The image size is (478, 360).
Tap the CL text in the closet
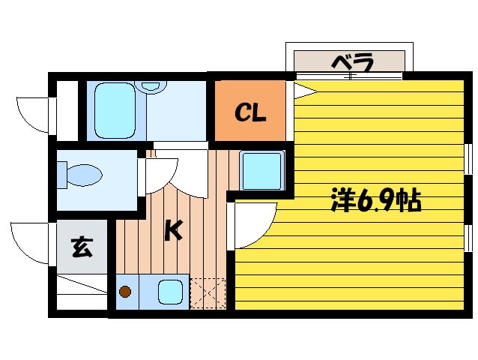250,113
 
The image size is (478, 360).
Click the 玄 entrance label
81,247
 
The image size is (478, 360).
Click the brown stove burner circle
126,292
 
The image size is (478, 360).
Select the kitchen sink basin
170,291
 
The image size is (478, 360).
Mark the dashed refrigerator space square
208,292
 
